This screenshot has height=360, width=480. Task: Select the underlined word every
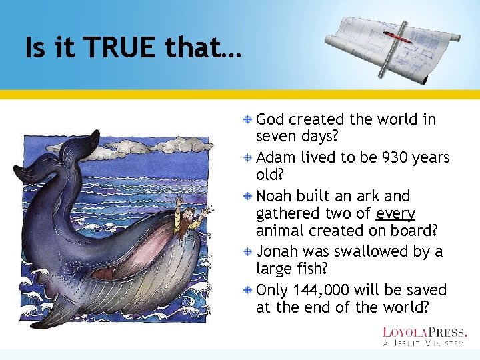coord(395,214)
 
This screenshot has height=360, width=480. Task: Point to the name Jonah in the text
coord(277,252)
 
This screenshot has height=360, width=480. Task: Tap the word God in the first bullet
coord(270,120)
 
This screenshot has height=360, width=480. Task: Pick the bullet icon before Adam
coord(247,158)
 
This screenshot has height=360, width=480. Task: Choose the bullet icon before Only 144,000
coord(247,291)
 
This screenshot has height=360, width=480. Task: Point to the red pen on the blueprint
coord(399,39)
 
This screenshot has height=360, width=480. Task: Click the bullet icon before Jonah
coord(247,252)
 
